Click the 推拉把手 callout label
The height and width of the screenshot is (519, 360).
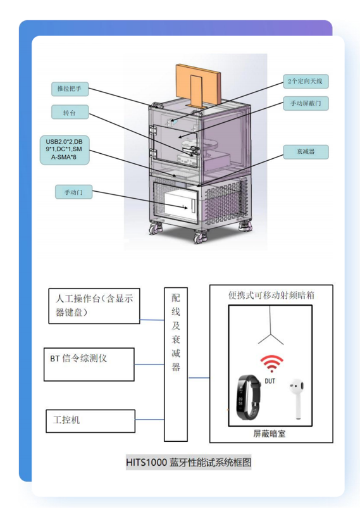[70, 89]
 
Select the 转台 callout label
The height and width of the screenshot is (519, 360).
[70, 113]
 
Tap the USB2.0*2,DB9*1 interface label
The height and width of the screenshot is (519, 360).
[65, 149]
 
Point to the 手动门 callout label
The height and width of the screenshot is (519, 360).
[73, 192]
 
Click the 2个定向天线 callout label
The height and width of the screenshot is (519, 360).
[306, 82]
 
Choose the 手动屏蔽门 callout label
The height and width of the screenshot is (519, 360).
[306, 103]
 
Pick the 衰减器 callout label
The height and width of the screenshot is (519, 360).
[306, 152]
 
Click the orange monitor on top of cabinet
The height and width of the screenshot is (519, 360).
[199, 85]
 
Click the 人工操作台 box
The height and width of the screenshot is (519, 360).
[94, 306]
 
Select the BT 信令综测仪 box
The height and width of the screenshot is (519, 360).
[89, 365]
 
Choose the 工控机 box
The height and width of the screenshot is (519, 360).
[90, 421]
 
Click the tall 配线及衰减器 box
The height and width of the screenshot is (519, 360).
[176, 365]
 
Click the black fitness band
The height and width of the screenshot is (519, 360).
[248, 397]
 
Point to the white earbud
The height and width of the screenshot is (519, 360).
[297, 398]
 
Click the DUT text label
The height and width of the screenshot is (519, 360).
[270, 381]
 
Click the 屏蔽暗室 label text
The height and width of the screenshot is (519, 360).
[270, 434]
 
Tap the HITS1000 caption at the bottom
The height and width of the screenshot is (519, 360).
[189, 462]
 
